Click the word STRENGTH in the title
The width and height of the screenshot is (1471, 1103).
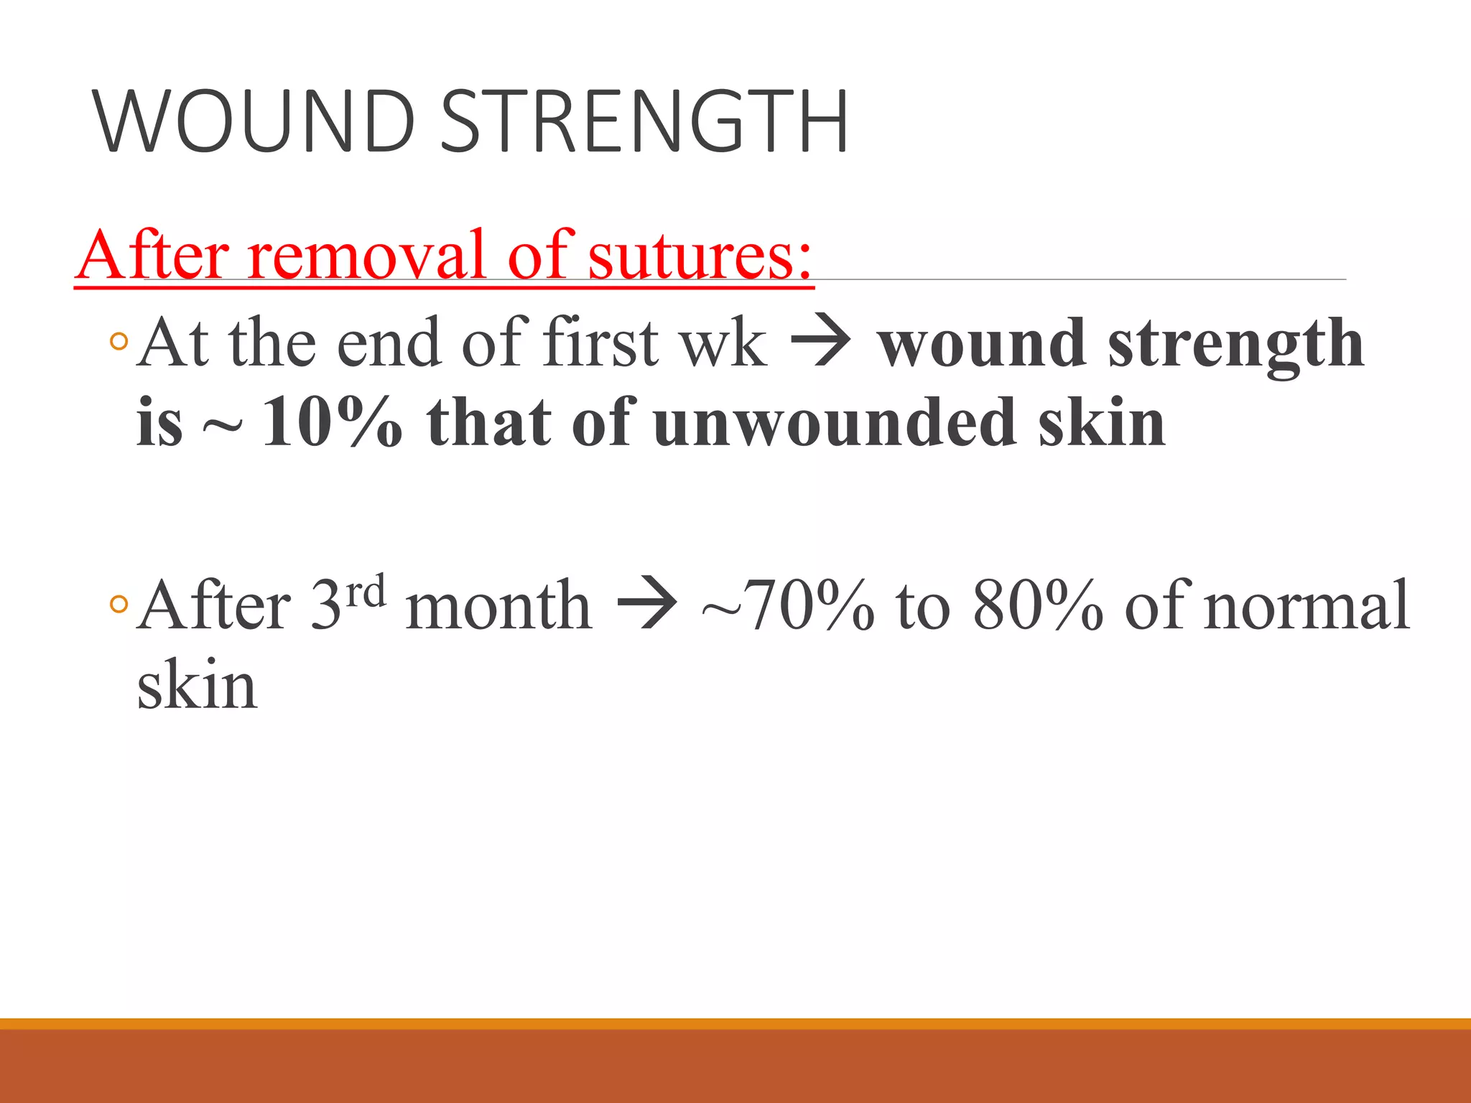click(x=644, y=121)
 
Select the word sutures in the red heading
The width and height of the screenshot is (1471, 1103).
click(x=700, y=255)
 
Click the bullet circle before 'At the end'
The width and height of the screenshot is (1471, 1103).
click(x=119, y=343)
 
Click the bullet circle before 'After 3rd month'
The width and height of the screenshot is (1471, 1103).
click(x=119, y=605)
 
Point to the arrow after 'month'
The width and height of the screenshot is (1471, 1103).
click(x=646, y=605)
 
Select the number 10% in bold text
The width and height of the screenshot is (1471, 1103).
click(x=332, y=423)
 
